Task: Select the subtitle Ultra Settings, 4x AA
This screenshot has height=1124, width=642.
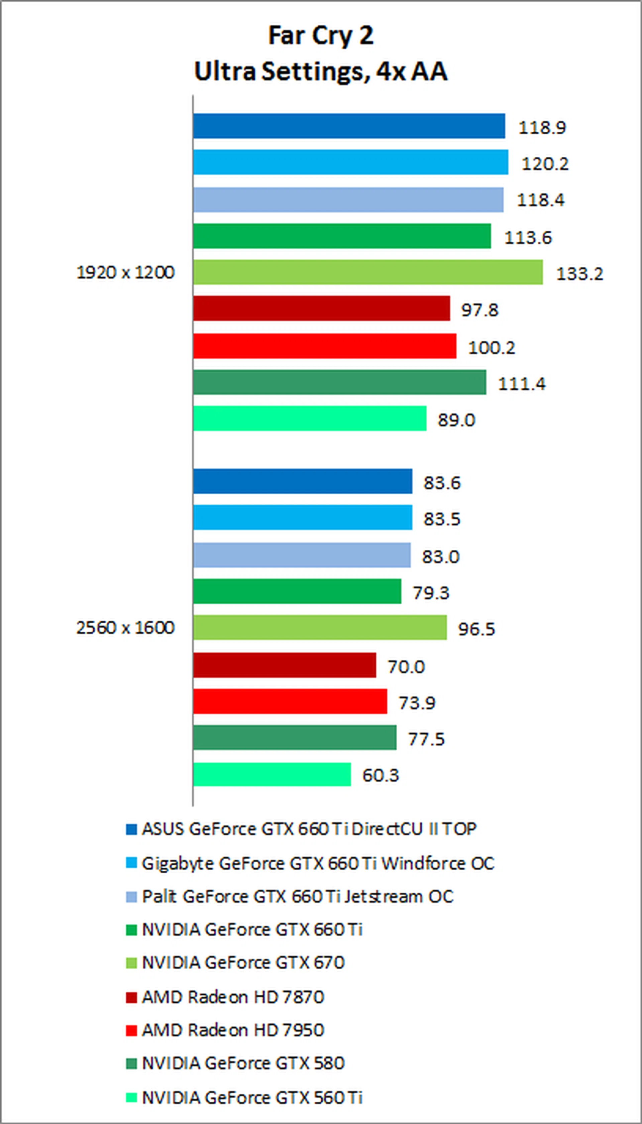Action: (321, 72)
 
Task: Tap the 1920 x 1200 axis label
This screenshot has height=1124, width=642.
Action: (126, 272)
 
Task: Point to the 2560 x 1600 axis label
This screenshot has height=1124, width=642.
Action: (126, 627)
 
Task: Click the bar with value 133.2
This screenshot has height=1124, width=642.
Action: (368, 272)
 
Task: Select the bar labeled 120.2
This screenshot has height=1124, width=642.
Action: (350, 162)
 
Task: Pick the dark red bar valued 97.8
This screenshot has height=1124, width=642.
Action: (321, 308)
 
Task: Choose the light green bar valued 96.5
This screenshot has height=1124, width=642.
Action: (320, 627)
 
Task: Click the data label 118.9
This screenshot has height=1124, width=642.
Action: (542, 127)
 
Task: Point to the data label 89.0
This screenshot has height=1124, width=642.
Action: (456, 420)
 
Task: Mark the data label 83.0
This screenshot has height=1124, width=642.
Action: (440, 556)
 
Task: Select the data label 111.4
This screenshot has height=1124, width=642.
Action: (522, 384)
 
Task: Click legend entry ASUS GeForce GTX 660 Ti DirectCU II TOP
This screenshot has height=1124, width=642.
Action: (309, 829)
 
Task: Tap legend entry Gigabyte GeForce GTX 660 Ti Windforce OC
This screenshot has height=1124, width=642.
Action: (317, 863)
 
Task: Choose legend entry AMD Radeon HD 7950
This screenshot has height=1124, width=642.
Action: (233, 1030)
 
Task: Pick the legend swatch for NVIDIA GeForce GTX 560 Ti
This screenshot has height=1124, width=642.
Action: (131, 1097)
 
